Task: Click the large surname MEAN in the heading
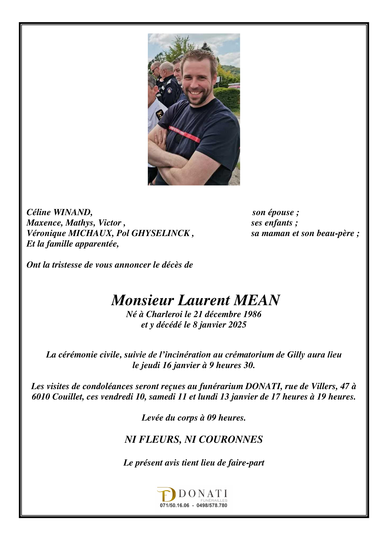click(x=257, y=300)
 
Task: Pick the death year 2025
click(x=237, y=325)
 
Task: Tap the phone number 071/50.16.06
click(x=175, y=505)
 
